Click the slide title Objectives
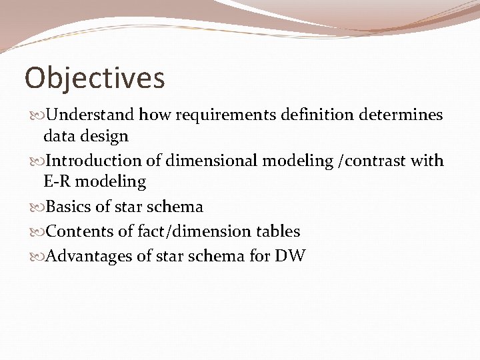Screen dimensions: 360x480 coord(95,78)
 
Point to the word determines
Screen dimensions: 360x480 coord(401,115)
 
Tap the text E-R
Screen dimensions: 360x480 coord(57,181)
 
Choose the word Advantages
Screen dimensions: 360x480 coord(91,256)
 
